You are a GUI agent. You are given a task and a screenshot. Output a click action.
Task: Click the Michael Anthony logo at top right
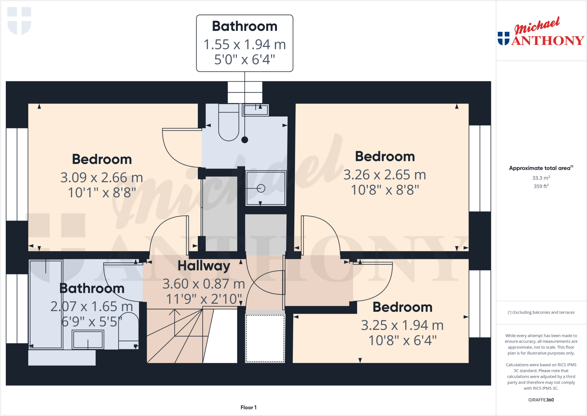tap(541, 32)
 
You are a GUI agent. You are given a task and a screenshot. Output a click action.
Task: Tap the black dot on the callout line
tap(244, 140)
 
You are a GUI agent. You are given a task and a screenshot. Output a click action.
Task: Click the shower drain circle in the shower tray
tap(261, 188)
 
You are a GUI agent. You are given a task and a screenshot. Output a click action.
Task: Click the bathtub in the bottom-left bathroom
tap(46, 304)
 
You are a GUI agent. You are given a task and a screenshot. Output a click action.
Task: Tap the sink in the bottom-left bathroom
tap(88, 339)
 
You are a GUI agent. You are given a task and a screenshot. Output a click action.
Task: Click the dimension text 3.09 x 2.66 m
tap(101, 178)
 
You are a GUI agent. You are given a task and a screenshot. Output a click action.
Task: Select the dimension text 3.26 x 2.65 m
tap(385, 175)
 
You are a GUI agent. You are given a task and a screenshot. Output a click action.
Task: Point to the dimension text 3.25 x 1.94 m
tap(402, 325)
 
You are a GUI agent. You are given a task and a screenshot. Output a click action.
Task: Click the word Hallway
tap(204, 266)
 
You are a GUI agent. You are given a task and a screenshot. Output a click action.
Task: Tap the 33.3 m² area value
tap(541, 178)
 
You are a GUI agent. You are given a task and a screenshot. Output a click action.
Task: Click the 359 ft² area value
tap(541, 186)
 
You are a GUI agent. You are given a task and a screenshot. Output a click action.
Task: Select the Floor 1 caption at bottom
tap(248, 407)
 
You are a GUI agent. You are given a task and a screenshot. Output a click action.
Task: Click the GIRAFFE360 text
tap(541, 400)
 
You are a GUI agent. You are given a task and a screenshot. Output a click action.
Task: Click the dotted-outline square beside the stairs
tap(265, 338)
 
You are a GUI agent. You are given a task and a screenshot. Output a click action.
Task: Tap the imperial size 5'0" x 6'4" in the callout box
tap(244, 60)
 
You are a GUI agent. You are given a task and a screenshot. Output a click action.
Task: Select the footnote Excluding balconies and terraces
tap(541, 312)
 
